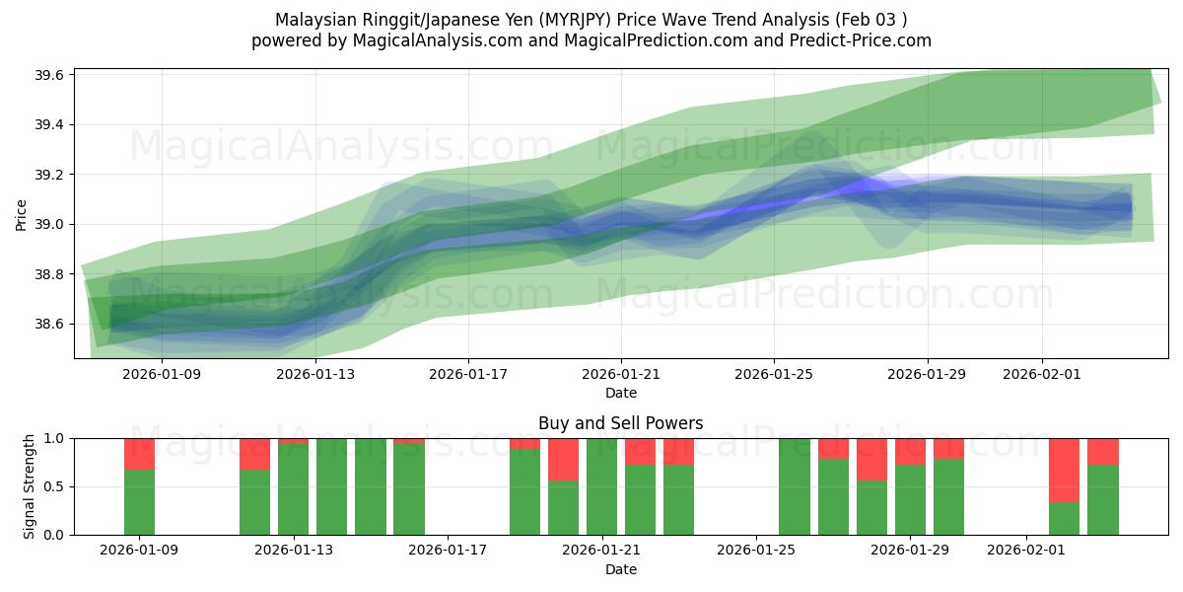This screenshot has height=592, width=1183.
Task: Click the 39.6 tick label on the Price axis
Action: pos(50,75)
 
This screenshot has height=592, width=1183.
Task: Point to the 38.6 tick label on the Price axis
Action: pos(50,324)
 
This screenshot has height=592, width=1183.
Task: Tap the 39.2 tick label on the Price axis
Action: pos(50,175)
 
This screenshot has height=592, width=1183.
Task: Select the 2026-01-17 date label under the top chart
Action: pos(468,374)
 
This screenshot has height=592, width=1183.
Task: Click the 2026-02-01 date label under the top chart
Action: pos(1042,374)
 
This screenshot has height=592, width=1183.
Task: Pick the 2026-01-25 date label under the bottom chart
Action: pos(755,551)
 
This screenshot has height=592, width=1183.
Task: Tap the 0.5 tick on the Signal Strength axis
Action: pos(55,486)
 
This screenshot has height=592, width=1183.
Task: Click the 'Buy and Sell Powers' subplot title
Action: pos(621,423)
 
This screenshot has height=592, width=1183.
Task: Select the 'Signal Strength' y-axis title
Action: pos(30,486)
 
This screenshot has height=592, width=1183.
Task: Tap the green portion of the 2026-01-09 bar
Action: pos(139,502)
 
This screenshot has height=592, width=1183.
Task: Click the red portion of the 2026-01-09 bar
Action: pos(139,454)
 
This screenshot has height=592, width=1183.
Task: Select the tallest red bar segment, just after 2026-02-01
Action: pos(1064,470)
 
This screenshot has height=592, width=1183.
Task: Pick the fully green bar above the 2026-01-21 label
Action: pos(601,486)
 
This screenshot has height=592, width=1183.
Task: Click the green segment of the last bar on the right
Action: pos(1102,500)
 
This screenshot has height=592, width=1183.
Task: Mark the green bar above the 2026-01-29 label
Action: pos(910,500)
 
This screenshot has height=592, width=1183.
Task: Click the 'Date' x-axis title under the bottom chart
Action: pos(621,569)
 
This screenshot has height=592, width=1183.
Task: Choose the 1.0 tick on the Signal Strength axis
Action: pos(55,438)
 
